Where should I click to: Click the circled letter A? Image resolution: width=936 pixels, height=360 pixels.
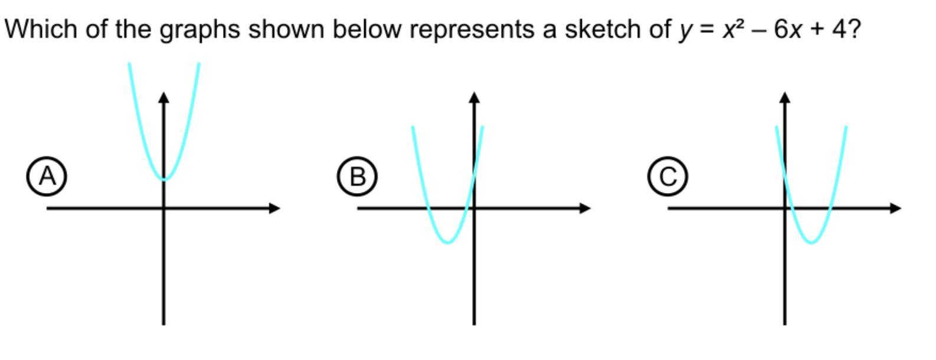(47, 176)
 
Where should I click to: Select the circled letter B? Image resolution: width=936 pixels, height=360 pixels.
(357, 176)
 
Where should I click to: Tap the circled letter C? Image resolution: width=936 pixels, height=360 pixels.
(667, 176)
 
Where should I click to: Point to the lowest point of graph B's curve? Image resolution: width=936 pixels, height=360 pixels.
(448, 242)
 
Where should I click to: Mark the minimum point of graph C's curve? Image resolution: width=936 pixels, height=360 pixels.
(811, 242)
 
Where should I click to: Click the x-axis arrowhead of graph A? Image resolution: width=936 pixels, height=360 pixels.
(274, 208)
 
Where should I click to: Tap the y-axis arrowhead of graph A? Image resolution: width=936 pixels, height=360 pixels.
(164, 97)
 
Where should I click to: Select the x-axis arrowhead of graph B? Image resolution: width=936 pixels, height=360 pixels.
(585, 208)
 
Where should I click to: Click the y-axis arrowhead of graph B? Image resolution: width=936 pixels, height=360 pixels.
(474, 97)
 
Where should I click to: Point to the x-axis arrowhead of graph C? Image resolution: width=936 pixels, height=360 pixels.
(895, 208)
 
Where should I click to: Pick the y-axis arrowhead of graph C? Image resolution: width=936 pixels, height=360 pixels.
(785, 97)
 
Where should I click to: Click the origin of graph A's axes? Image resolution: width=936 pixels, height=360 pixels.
(164, 208)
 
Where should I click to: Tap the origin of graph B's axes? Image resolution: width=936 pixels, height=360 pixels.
(474, 208)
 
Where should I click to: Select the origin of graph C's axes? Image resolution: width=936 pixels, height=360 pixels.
(785, 208)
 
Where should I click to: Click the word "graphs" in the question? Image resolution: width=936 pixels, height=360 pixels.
(200, 30)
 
